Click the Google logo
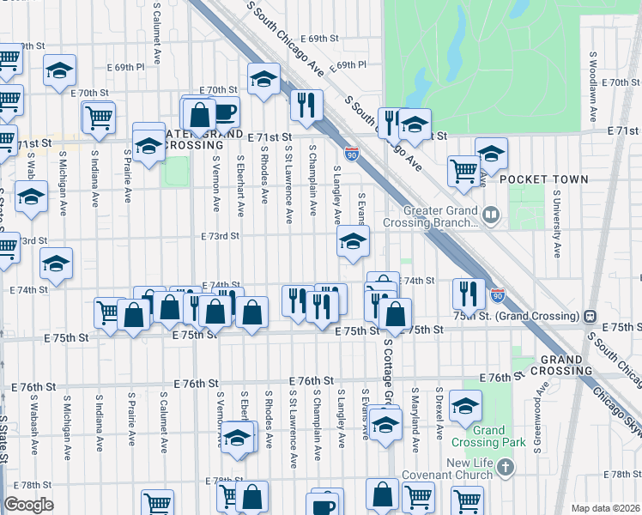click(x=28, y=505)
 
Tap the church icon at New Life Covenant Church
click(x=506, y=468)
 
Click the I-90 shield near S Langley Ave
click(x=352, y=154)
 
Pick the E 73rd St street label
click(x=219, y=236)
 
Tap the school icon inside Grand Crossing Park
click(x=465, y=406)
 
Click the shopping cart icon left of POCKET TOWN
click(x=463, y=169)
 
